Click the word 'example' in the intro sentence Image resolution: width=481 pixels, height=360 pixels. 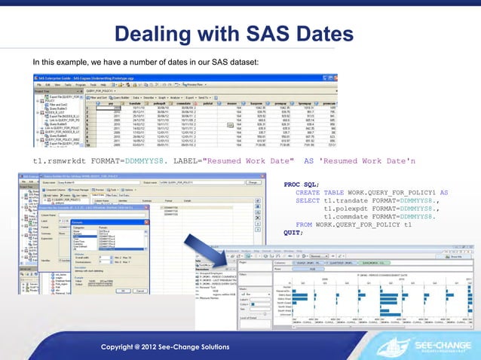tap(63, 60)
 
